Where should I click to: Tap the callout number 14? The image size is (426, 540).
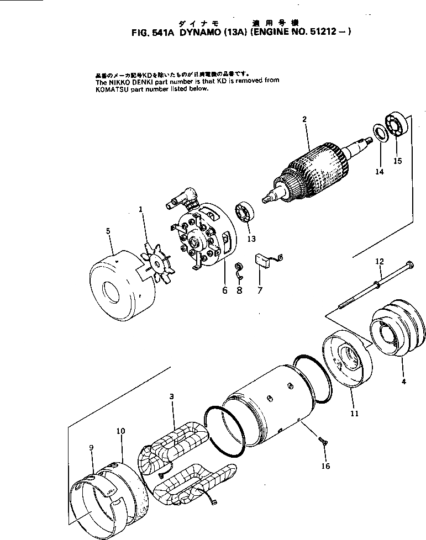click(x=379, y=172)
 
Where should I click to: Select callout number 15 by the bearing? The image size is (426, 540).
click(x=398, y=161)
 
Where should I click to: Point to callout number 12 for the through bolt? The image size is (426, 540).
click(x=379, y=261)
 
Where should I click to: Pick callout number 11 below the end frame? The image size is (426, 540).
click(x=354, y=413)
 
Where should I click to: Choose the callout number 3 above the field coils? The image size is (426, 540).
click(x=172, y=396)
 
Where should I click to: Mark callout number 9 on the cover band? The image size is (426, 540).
click(x=92, y=448)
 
